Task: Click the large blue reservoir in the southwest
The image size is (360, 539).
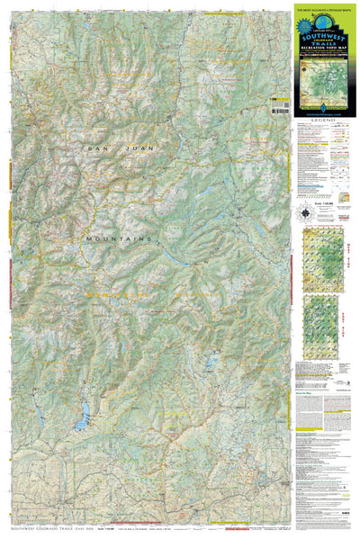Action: click(x=84, y=417)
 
